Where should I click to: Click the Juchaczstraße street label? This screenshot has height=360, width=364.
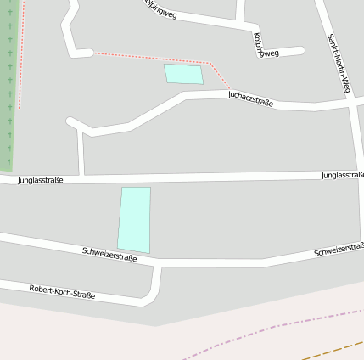(250, 98)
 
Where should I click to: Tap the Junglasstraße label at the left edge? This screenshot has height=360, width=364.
(40, 180)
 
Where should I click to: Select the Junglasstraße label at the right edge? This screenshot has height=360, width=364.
(343, 175)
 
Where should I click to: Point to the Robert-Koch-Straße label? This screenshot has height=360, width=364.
(62, 293)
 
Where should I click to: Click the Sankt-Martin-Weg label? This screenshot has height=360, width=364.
(339, 65)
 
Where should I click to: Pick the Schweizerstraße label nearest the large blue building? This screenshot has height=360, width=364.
(110, 254)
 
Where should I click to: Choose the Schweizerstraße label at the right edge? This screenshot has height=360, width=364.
(339, 251)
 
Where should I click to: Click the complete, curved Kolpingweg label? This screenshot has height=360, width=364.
(266, 46)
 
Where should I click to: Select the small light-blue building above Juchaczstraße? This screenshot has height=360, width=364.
(183, 74)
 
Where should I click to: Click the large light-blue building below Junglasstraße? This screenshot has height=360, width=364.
(134, 219)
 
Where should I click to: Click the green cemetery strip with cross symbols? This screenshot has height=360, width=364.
(8, 85)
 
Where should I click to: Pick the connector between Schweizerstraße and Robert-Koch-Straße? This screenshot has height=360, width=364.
(155, 282)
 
